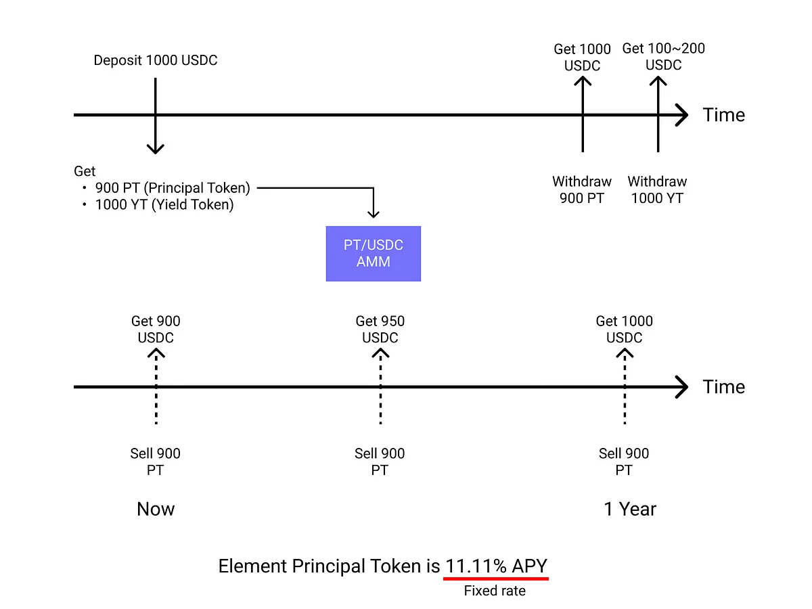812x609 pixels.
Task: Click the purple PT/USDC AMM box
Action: pos(373,254)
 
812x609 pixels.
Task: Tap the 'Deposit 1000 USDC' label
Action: pos(156,60)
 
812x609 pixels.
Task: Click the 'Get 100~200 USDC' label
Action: pos(663,56)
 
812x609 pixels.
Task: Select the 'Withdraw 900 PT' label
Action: pos(581,189)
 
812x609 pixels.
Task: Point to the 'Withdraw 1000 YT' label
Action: pos(657,189)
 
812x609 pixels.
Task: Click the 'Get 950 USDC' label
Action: pos(380,329)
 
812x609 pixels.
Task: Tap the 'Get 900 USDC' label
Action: pos(156,329)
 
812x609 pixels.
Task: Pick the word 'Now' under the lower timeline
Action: pos(156,509)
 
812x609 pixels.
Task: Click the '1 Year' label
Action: pos(629,509)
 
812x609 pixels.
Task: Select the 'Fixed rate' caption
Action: pos(495,591)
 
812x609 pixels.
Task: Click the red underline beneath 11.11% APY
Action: pos(496,579)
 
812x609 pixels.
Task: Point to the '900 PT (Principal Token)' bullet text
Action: pos(173,188)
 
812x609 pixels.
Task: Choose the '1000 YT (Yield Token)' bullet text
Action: pos(164,204)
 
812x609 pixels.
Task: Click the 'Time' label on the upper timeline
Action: pos(723,114)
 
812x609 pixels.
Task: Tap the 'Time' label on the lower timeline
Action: pos(723,387)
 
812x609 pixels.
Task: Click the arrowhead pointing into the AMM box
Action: pos(374,214)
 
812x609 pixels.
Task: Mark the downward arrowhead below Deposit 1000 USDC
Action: pos(156,149)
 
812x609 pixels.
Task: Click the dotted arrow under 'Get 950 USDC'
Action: pos(380,387)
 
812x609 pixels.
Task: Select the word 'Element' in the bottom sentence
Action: pos(252,566)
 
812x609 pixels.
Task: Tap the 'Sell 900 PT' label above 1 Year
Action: pos(624,461)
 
